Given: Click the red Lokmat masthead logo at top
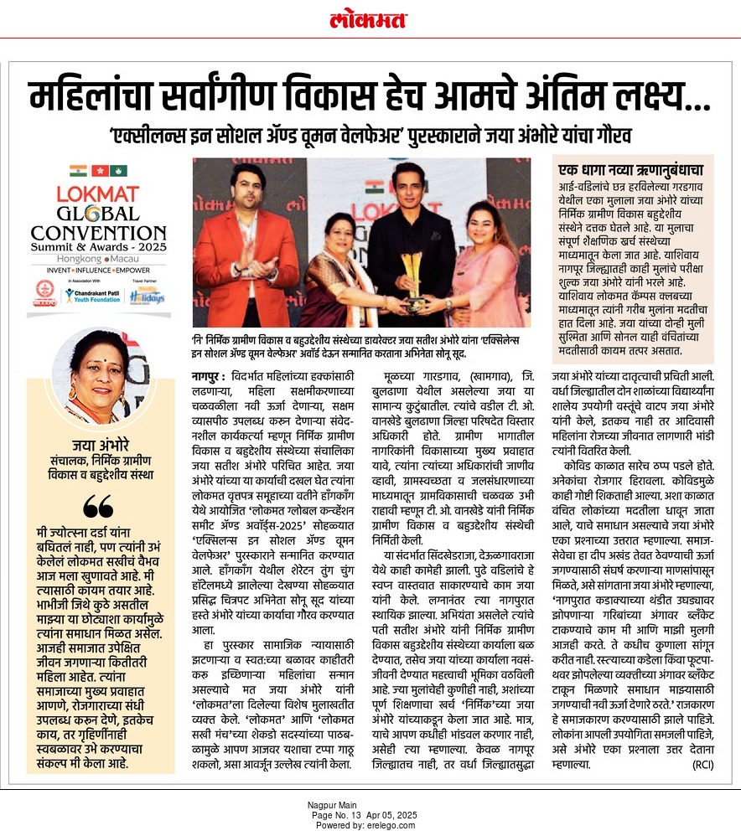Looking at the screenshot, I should tap(370, 18).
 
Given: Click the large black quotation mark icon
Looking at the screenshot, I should tap(97, 507).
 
